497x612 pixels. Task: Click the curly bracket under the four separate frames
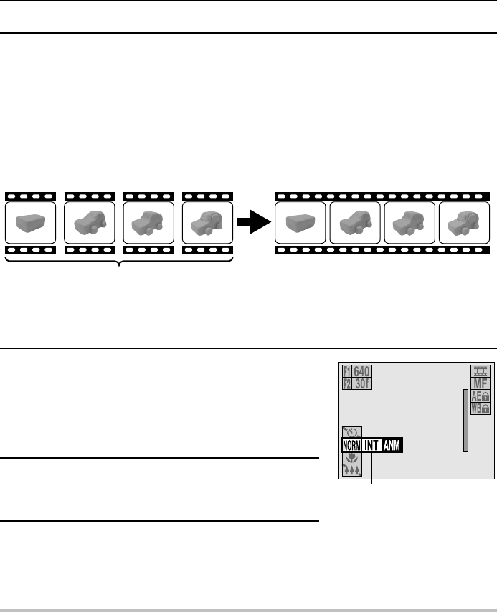pos(119,262)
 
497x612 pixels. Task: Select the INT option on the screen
pos(371,446)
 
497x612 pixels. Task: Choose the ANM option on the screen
pos(392,446)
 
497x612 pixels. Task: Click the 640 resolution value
pos(363,372)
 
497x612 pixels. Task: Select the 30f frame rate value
pos(363,383)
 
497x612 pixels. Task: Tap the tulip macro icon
pos(349,459)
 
